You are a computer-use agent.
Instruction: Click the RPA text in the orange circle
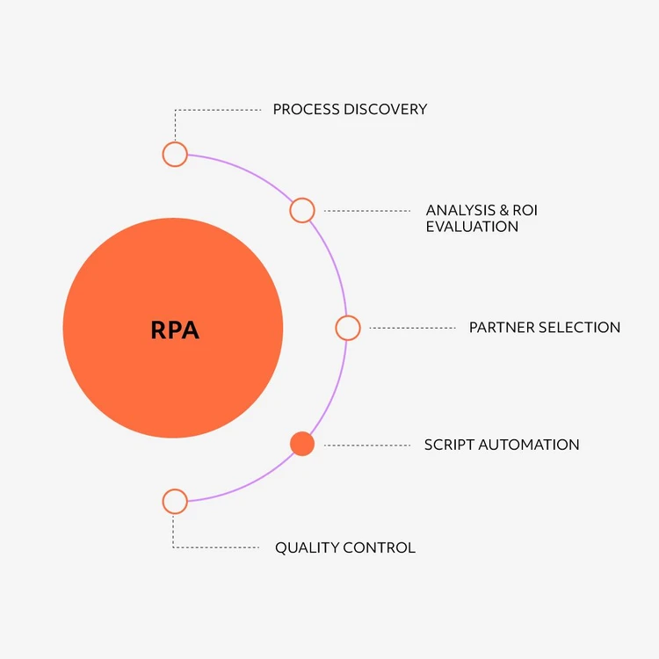175,329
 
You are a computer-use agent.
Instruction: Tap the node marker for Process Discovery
175,154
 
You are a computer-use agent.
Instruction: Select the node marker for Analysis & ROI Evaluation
302,210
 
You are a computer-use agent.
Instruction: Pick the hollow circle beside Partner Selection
348,328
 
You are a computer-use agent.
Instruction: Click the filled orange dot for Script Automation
302,445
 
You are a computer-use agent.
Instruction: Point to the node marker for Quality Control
175,502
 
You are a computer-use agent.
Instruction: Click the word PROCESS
306,110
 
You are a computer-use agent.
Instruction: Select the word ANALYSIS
458,210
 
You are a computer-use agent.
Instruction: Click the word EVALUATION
472,227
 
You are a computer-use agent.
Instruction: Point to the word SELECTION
580,328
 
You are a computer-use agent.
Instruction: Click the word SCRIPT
449,445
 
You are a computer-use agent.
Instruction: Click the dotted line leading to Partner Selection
413,328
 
